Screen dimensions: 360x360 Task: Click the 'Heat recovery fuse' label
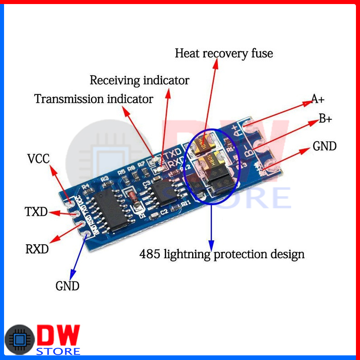click(224, 54)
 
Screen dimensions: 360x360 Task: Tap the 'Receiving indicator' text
click(139, 81)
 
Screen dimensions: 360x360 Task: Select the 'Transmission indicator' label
click(94, 99)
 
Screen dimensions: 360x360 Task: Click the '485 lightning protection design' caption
click(222, 254)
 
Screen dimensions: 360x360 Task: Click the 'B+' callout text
click(325, 119)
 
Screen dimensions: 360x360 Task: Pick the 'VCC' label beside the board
click(38, 159)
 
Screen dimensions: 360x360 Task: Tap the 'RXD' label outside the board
click(37, 248)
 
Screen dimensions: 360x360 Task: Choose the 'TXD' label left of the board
click(36, 211)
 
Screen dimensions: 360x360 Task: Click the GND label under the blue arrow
click(67, 286)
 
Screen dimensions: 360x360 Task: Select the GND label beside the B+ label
click(324, 146)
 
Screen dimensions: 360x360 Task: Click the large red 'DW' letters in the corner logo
click(58, 335)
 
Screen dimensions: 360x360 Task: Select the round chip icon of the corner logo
click(19, 340)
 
